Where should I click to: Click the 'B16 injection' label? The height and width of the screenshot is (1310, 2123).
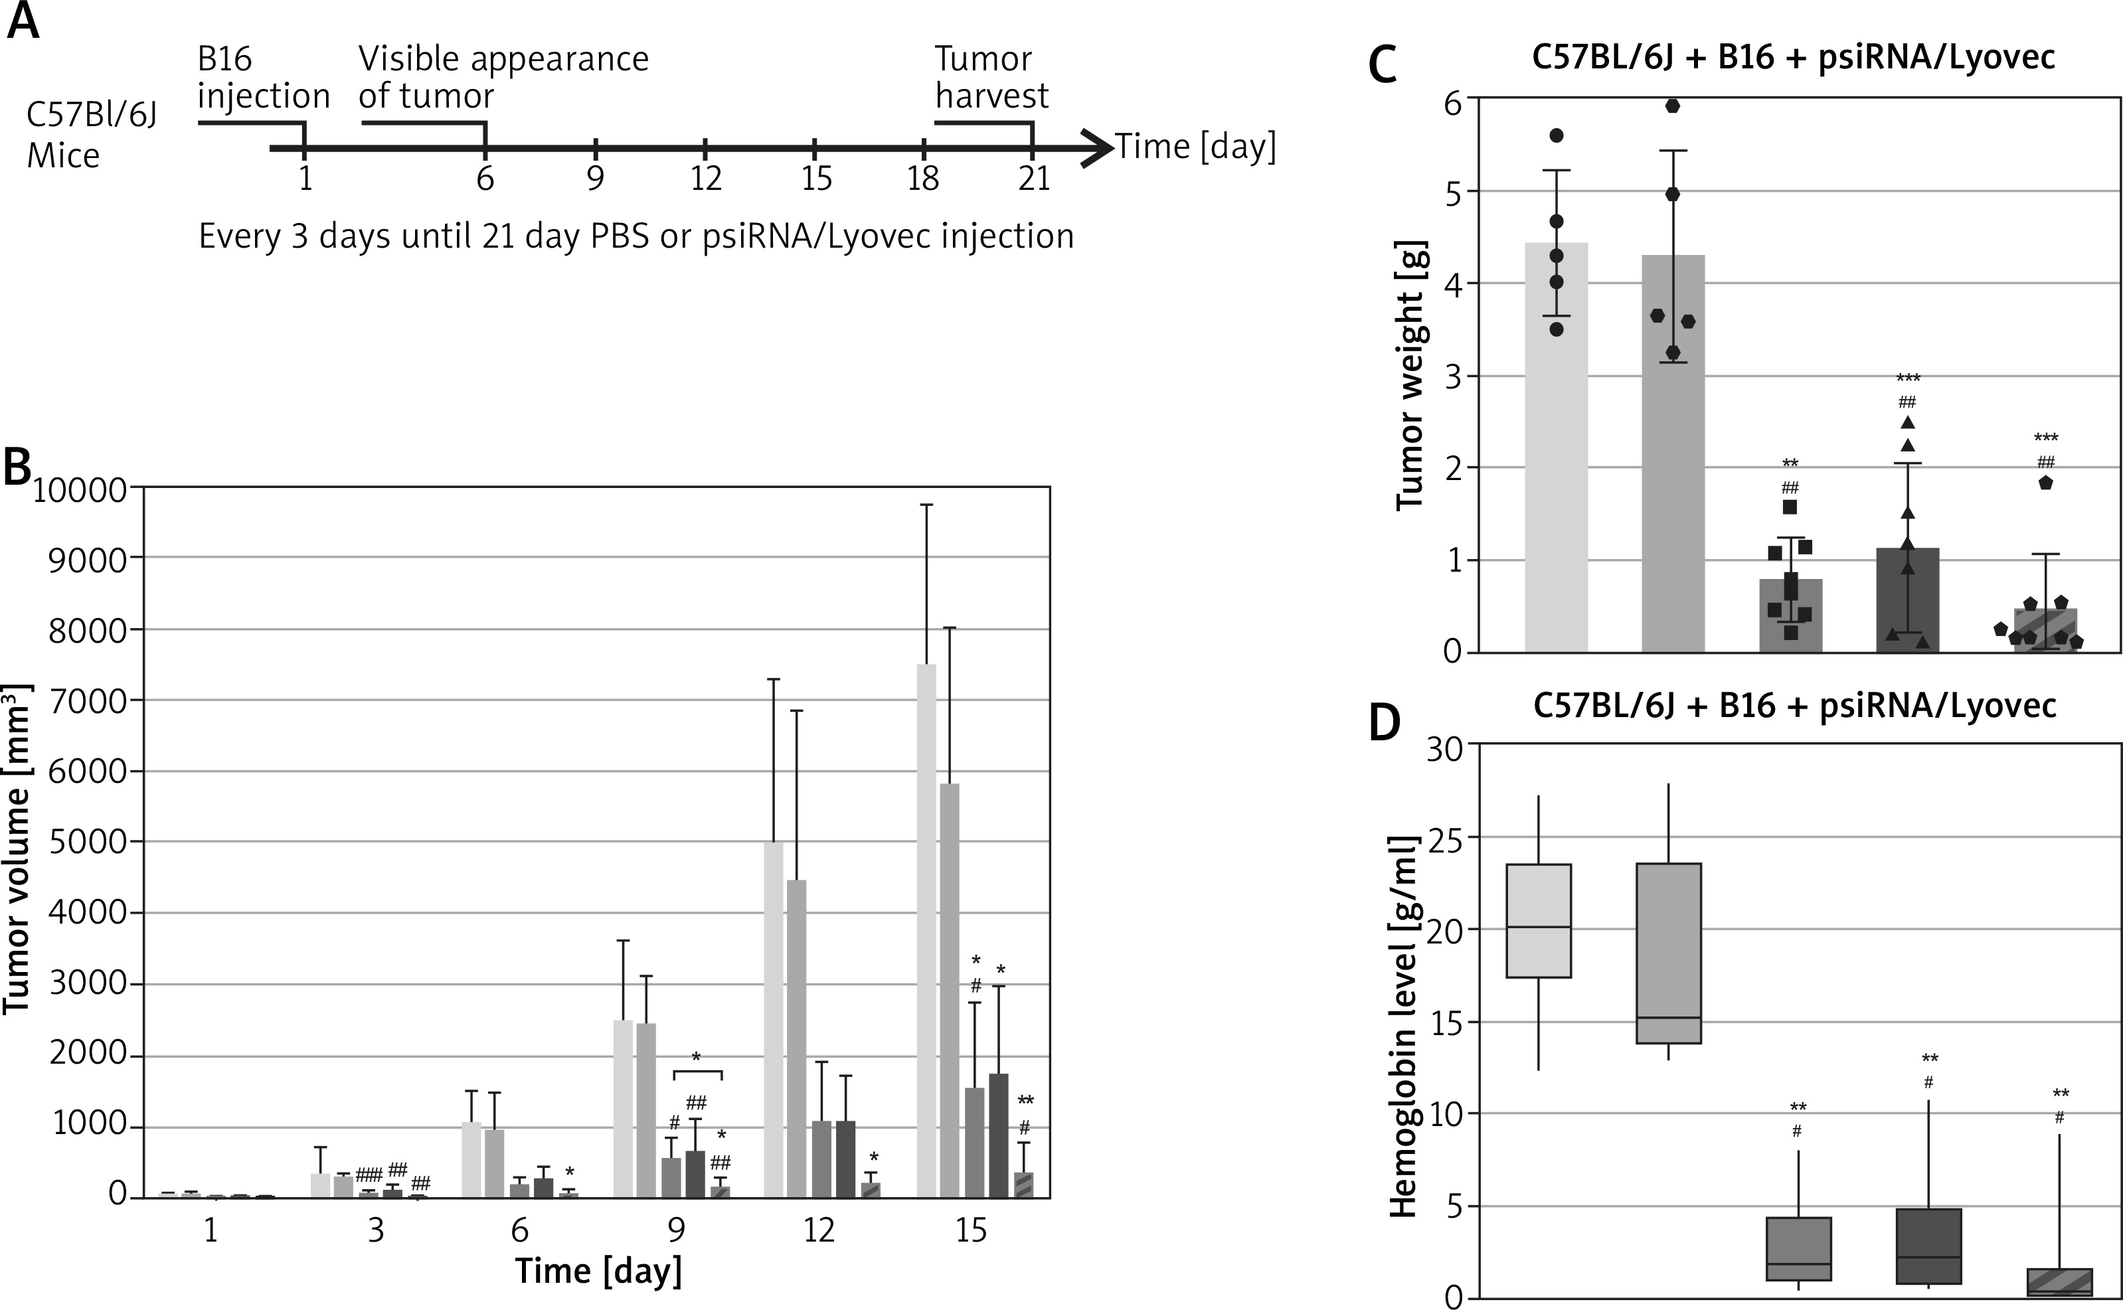pyautogui.click(x=262, y=77)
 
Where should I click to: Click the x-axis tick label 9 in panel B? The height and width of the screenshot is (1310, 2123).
pyautogui.click(x=675, y=1230)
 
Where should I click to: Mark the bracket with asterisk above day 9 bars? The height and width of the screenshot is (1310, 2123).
pyautogui.click(x=697, y=1071)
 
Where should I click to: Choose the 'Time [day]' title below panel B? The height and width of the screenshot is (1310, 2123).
pyautogui.click(x=598, y=1271)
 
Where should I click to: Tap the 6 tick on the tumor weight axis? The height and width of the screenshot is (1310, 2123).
pyautogui.click(x=1452, y=102)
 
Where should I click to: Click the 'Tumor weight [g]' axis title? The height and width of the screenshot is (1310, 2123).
pyautogui.click(x=1410, y=374)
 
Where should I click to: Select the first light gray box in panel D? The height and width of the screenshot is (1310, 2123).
pyautogui.click(x=1539, y=920)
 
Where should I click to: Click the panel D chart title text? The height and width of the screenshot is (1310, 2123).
pyautogui.click(x=1794, y=705)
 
